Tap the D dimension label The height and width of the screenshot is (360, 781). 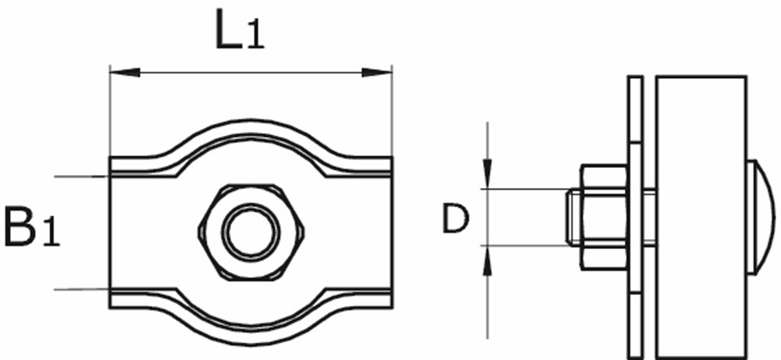tap(455, 220)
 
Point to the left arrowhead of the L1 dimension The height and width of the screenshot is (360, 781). tap(123, 73)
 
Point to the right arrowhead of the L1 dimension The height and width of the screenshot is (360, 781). tap(377, 73)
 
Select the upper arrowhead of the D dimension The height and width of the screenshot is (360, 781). tap(487, 173)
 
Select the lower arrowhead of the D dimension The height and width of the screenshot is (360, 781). tap(487, 262)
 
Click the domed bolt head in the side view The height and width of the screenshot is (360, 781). tap(760, 217)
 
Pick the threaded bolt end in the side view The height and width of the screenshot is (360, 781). tap(572, 217)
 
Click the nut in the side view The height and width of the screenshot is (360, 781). tap(603, 217)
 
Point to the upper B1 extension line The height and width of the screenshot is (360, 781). tap(78, 176)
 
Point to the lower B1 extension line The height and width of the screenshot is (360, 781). tap(78, 290)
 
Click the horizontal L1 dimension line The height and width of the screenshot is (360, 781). tap(250, 73)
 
